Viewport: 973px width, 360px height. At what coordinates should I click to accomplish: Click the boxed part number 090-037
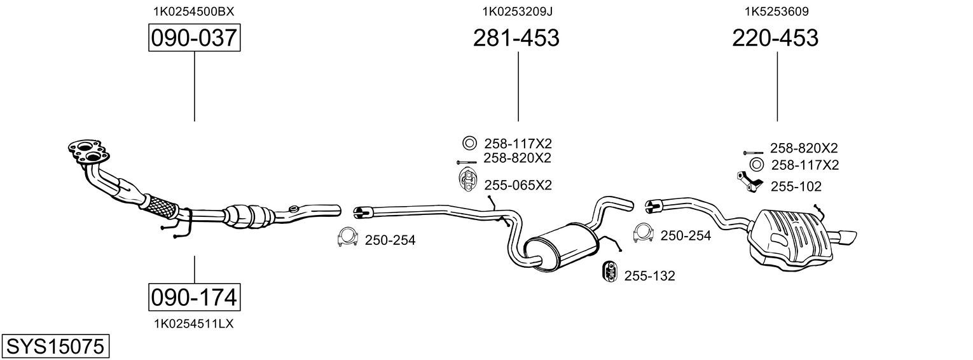pyautogui.click(x=194, y=38)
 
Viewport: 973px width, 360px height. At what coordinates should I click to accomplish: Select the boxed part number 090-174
pyautogui.click(x=194, y=298)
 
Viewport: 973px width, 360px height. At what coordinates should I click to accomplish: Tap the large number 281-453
pyautogui.click(x=516, y=38)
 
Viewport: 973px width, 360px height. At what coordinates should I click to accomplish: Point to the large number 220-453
pyautogui.click(x=775, y=38)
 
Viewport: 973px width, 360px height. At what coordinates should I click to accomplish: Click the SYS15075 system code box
pyautogui.click(x=55, y=346)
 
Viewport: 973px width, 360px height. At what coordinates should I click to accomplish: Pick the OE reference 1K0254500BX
pyautogui.click(x=194, y=11)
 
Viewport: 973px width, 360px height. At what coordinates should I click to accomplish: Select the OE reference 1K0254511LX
pyautogui.click(x=194, y=324)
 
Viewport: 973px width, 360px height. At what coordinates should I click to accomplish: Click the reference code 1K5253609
pyautogui.click(x=776, y=11)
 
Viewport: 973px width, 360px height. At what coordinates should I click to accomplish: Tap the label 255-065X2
pyautogui.click(x=518, y=186)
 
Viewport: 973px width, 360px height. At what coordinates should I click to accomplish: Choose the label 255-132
pyautogui.click(x=649, y=276)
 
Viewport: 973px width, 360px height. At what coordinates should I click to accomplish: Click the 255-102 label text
pyautogui.click(x=796, y=187)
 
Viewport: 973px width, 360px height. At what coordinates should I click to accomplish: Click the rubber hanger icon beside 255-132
pyautogui.click(x=610, y=272)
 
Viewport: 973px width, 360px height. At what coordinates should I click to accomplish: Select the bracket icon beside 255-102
pyautogui.click(x=749, y=182)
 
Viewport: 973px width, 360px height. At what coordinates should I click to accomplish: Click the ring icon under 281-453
pyautogui.click(x=469, y=143)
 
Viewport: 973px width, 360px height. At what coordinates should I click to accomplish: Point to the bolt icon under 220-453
pyautogui.click(x=753, y=153)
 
